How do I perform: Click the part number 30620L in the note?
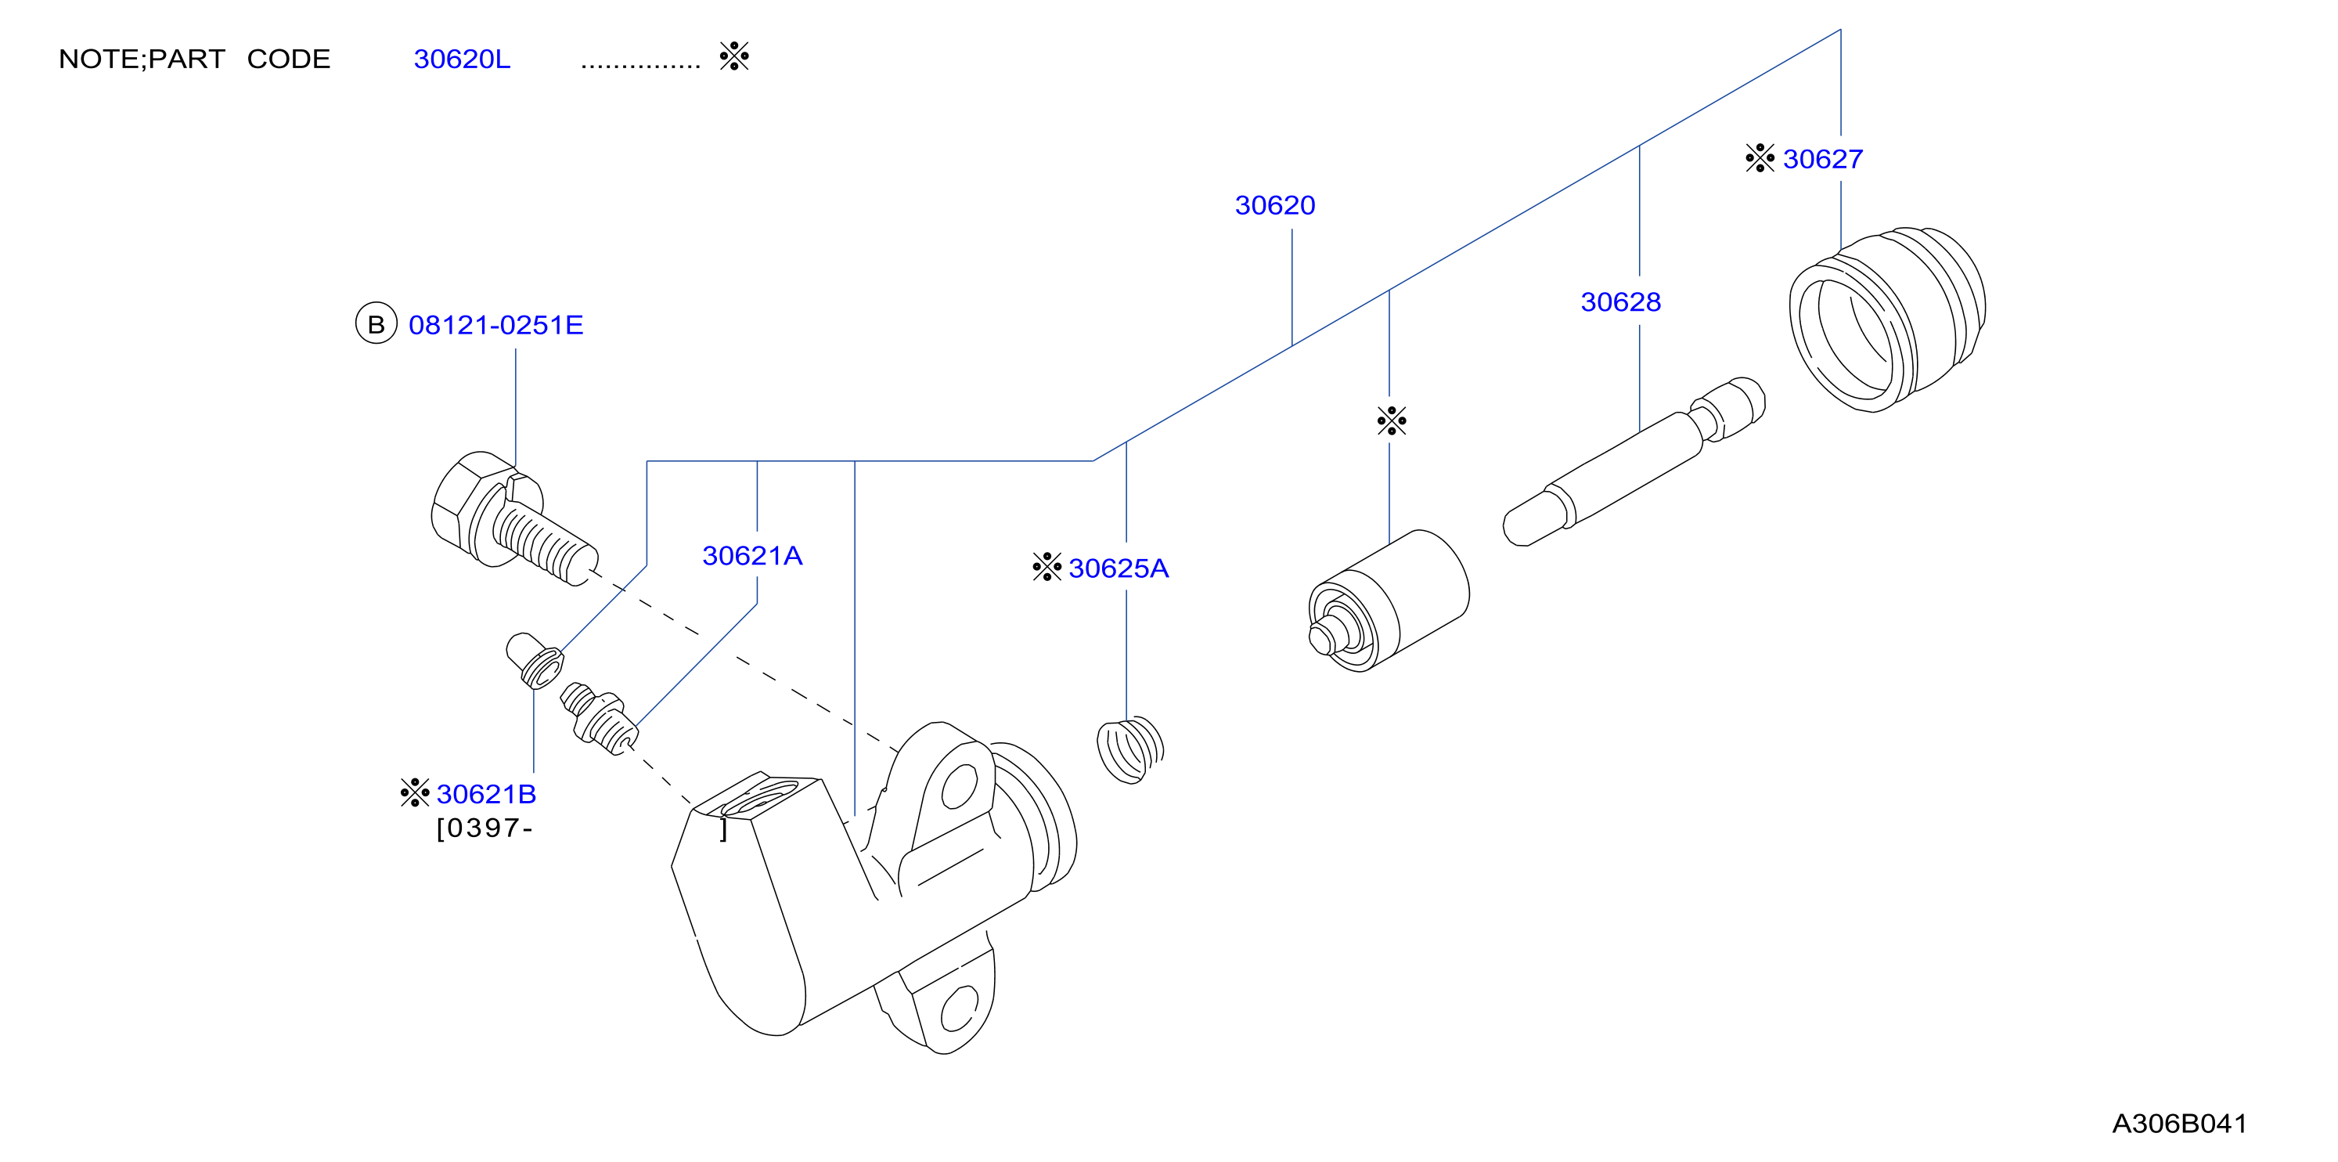462,59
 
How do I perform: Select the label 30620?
1274,205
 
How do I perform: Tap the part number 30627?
1822,159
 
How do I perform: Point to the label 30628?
1620,301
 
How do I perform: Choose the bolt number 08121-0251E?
495,325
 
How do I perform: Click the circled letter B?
376,323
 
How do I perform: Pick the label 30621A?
752,556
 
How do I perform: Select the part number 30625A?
1119,568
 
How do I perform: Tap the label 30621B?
487,794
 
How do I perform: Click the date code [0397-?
485,828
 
